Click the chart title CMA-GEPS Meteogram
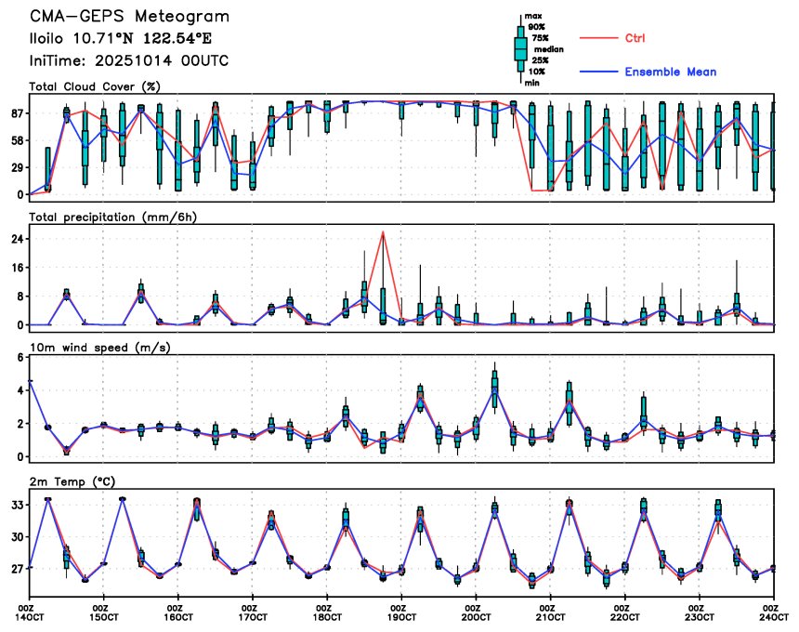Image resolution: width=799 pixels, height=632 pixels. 129,17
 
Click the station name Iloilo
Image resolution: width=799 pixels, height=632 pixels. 51,39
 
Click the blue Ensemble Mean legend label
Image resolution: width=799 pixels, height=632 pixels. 670,72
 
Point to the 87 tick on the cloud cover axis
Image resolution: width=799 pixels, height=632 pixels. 16,113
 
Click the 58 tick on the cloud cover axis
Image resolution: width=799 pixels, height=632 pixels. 16,140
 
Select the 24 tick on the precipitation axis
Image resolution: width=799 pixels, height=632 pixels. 16,239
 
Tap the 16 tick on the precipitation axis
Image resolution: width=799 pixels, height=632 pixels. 16,268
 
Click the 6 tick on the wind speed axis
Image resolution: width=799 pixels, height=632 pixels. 20,357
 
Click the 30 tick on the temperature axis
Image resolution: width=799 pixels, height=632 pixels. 16,537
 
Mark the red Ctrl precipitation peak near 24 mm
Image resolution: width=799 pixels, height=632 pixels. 383,232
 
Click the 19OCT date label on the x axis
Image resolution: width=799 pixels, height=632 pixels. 401,616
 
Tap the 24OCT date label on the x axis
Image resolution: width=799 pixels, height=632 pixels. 772,616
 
